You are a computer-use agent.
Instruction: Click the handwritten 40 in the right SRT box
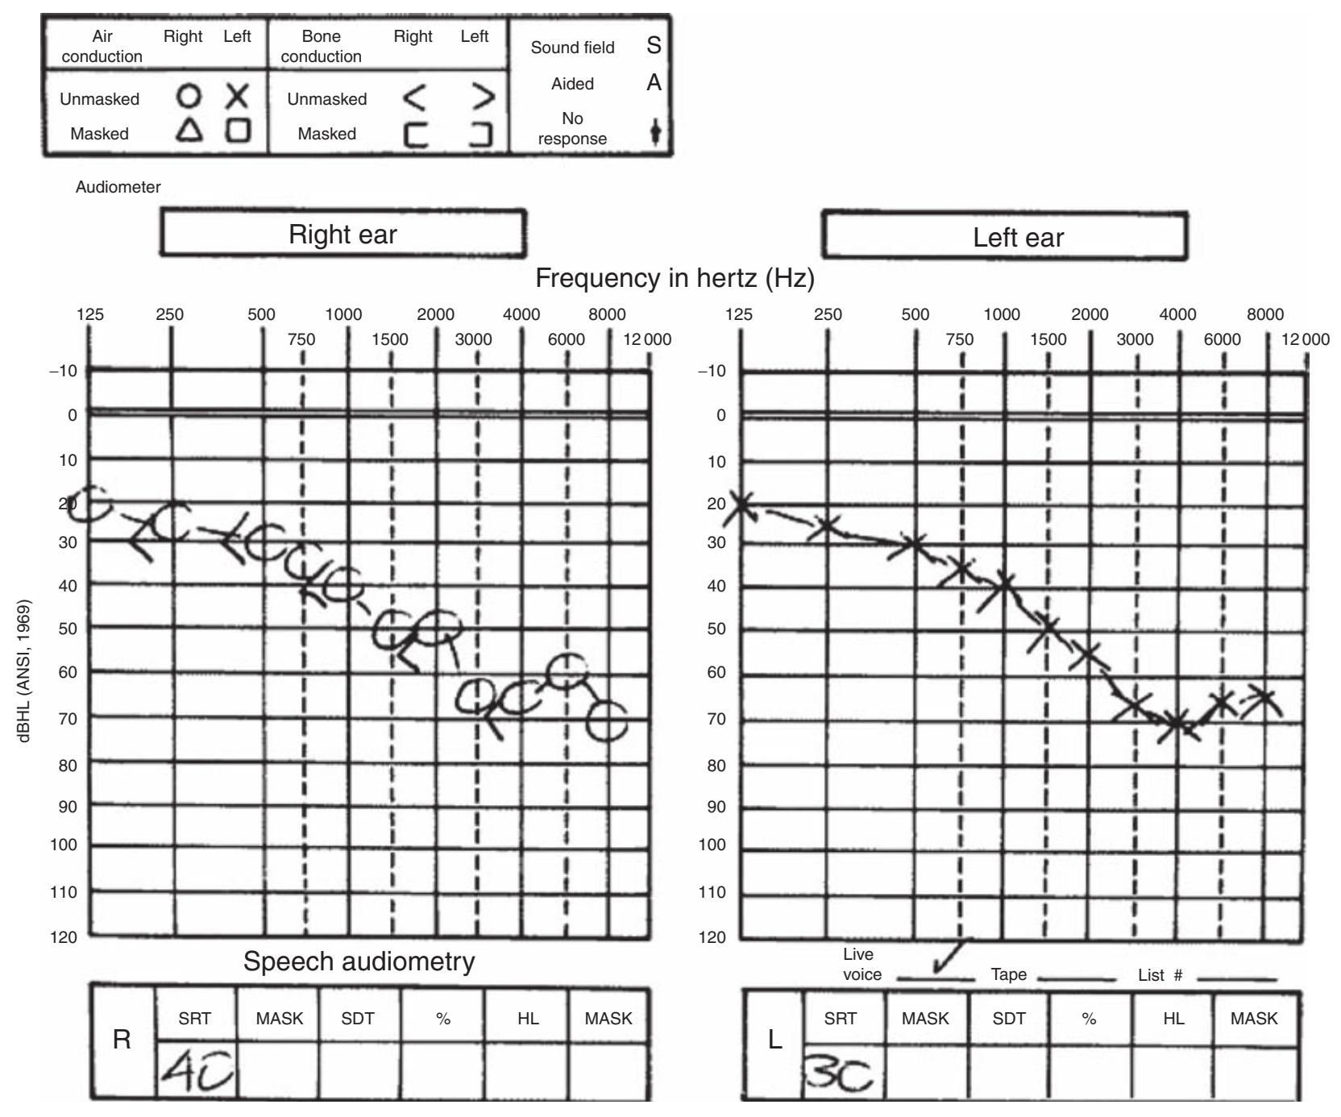[196, 1070]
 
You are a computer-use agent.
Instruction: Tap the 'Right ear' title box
[343, 234]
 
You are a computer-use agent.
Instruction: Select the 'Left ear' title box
[1004, 237]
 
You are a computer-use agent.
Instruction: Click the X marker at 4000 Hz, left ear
[1177, 724]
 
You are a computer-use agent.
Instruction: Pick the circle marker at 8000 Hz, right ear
[606, 720]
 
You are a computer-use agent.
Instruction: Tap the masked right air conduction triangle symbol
[189, 131]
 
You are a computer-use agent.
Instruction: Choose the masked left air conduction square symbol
[238, 131]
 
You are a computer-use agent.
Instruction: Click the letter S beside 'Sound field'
[654, 46]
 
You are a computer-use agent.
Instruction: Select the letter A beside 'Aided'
[654, 83]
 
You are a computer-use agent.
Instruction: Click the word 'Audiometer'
[118, 187]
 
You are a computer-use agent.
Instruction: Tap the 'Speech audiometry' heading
[359, 961]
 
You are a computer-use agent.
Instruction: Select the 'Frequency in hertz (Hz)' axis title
[675, 278]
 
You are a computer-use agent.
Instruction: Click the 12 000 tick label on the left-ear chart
[1306, 339]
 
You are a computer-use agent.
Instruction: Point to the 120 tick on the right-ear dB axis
[64, 936]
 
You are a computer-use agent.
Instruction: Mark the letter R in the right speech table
[122, 1040]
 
